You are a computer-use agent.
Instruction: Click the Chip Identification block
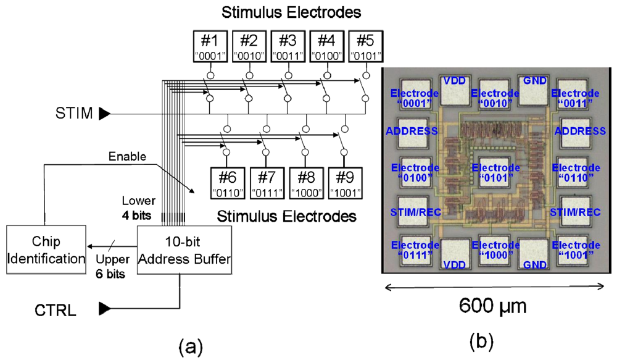click(46, 250)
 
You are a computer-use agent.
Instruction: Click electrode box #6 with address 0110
click(229, 183)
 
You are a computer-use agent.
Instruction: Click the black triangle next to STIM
click(104, 113)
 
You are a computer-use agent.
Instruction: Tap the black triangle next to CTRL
click(104, 307)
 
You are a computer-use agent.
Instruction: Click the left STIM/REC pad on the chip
click(416, 212)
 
